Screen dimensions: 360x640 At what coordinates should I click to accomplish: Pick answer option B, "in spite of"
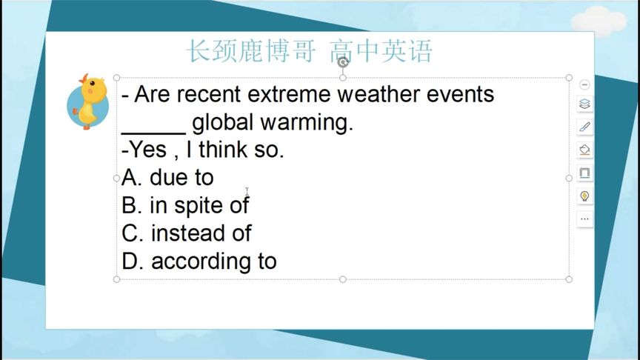pos(185,205)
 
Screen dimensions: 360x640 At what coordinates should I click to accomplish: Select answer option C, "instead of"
pos(187,233)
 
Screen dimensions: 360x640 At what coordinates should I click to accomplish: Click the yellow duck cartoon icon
pos(87,101)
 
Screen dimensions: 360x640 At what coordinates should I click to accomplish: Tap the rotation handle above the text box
pos(343,63)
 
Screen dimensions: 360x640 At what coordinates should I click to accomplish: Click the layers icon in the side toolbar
pos(584,104)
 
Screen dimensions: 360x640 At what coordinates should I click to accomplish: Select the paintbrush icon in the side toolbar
pos(584,127)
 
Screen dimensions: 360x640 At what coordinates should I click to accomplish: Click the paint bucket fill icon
pos(584,150)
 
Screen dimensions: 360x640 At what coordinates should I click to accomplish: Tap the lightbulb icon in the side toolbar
pos(584,196)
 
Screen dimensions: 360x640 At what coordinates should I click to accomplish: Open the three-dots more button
pos(584,219)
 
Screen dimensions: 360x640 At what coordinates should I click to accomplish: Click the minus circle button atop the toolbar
pos(584,84)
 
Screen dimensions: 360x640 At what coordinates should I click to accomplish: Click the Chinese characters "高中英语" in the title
pos(381,51)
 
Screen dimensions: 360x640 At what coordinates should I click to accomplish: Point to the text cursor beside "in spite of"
pos(247,193)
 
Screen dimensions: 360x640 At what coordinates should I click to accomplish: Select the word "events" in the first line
pos(460,95)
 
